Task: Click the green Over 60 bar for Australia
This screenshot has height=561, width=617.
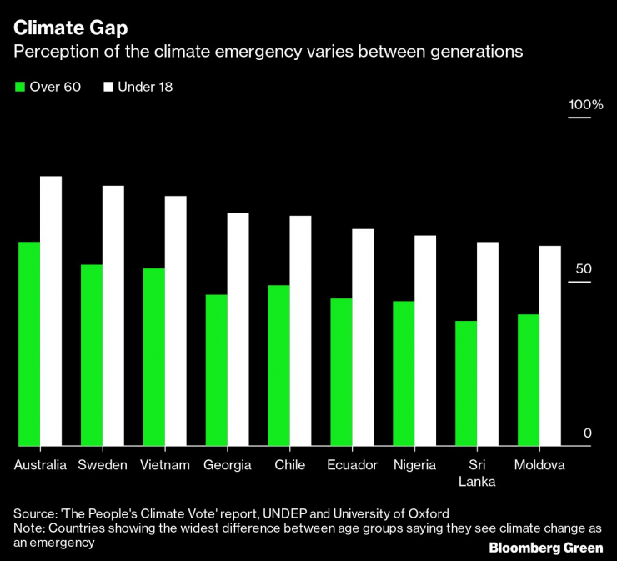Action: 29,343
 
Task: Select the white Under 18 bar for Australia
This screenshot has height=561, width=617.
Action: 51,311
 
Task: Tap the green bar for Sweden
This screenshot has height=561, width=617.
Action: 92,355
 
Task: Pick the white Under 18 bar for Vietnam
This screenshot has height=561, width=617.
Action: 175,321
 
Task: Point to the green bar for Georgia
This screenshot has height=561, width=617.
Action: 216,370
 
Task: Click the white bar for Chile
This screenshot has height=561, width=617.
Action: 300,331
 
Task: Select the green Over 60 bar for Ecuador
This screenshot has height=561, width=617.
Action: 341,372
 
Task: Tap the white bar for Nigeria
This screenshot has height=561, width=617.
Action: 425,341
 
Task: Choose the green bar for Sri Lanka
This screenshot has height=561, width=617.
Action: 466,383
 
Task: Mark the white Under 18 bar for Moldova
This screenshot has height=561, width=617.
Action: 550,346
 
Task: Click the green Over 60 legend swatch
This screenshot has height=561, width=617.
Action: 20,87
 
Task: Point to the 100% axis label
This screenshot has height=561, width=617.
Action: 585,105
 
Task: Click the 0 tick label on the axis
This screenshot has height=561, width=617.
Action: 587,433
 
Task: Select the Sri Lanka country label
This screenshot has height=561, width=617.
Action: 477,473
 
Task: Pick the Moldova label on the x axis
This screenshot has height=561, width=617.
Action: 539,465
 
